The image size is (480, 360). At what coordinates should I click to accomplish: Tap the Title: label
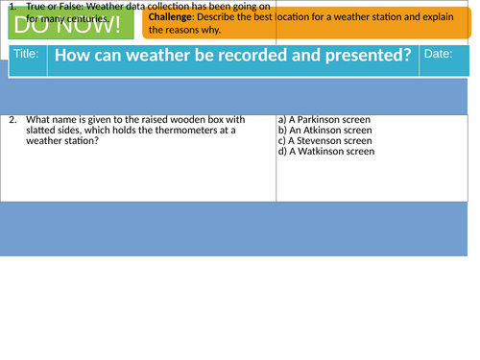tap(28, 54)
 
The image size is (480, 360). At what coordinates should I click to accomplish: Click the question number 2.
tap(12, 120)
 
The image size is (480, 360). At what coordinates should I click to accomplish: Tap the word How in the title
tap(70, 55)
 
